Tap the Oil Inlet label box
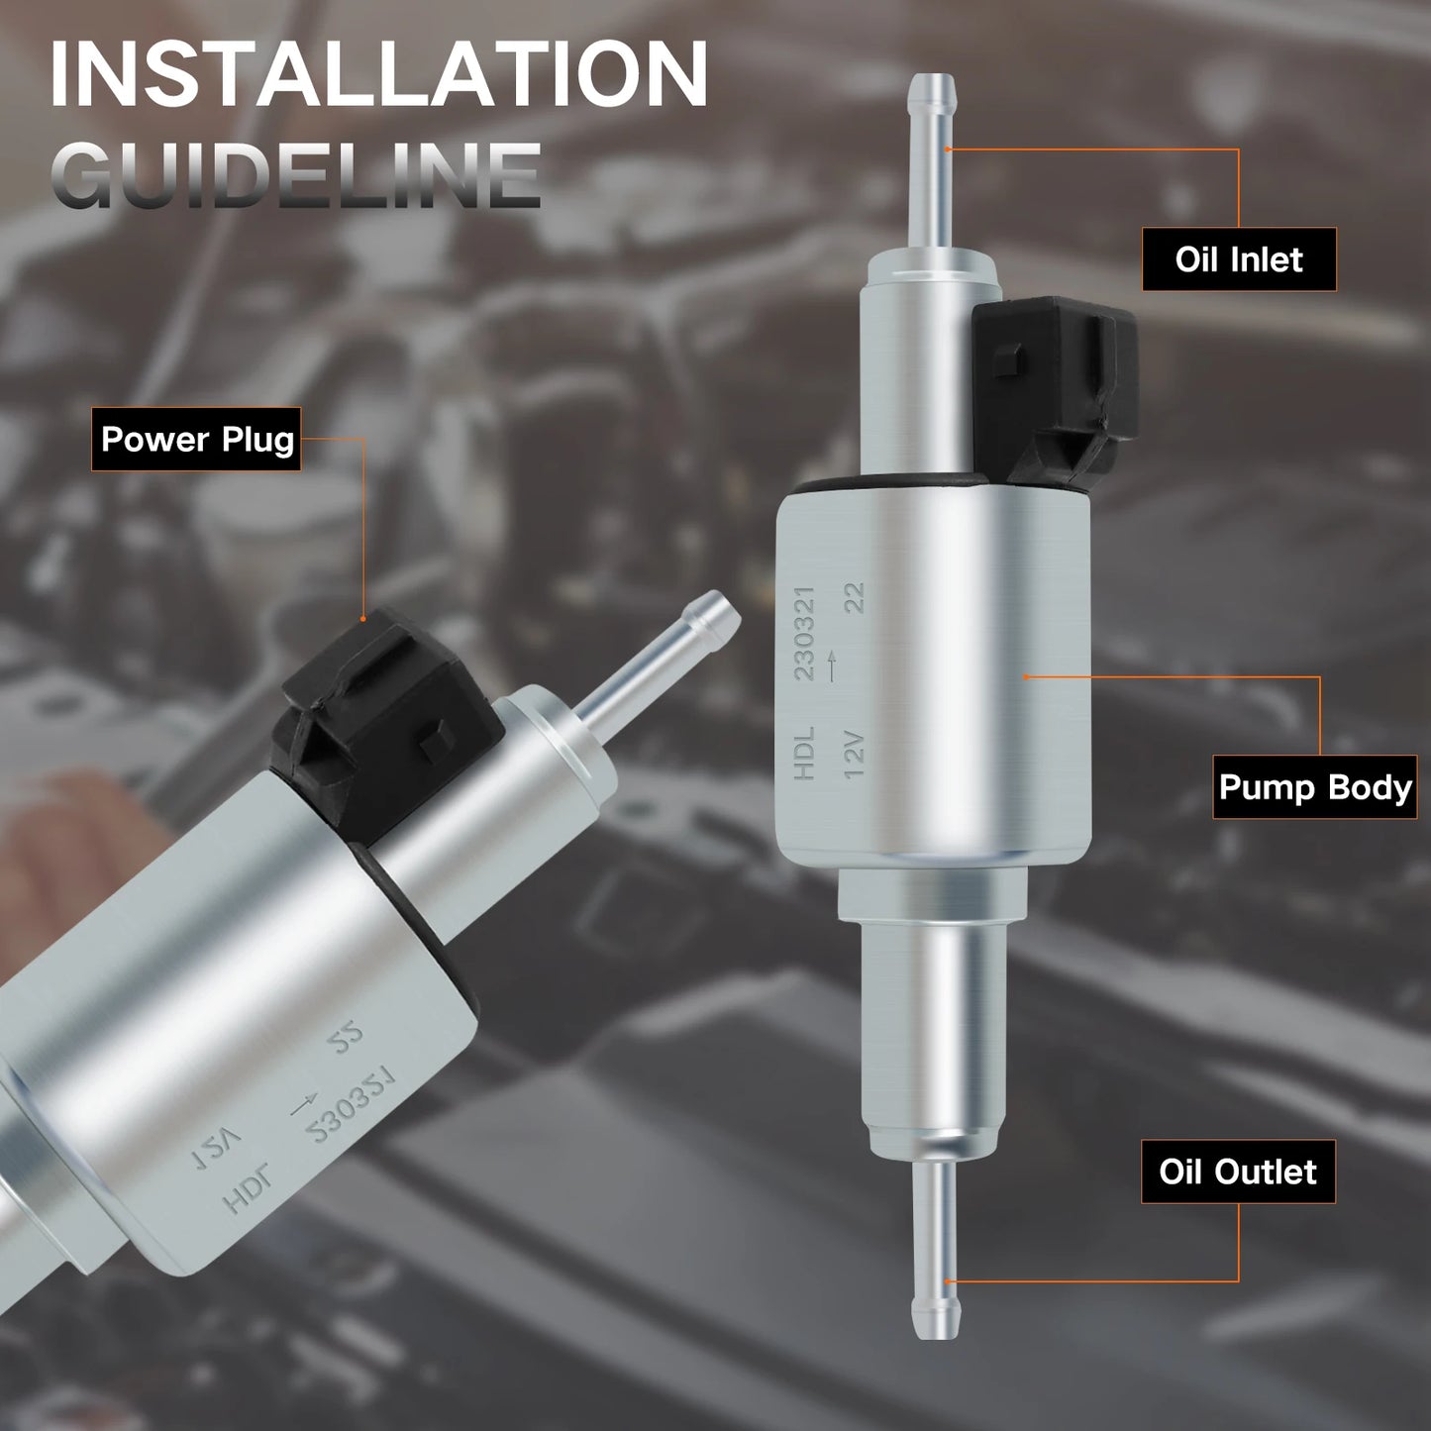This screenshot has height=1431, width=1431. click(1238, 259)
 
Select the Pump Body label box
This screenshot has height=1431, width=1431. click(1314, 787)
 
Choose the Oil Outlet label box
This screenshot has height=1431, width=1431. click(1238, 1172)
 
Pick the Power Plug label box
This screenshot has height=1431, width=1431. click(197, 439)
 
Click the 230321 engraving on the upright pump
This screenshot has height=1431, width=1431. click(804, 634)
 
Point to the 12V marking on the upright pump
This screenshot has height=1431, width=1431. click(854, 755)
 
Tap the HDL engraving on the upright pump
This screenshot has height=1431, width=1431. click(803, 753)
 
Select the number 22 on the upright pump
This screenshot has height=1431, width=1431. click(854, 598)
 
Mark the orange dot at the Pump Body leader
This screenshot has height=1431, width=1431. click(1027, 676)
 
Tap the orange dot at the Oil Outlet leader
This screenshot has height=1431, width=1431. click(947, 1281)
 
